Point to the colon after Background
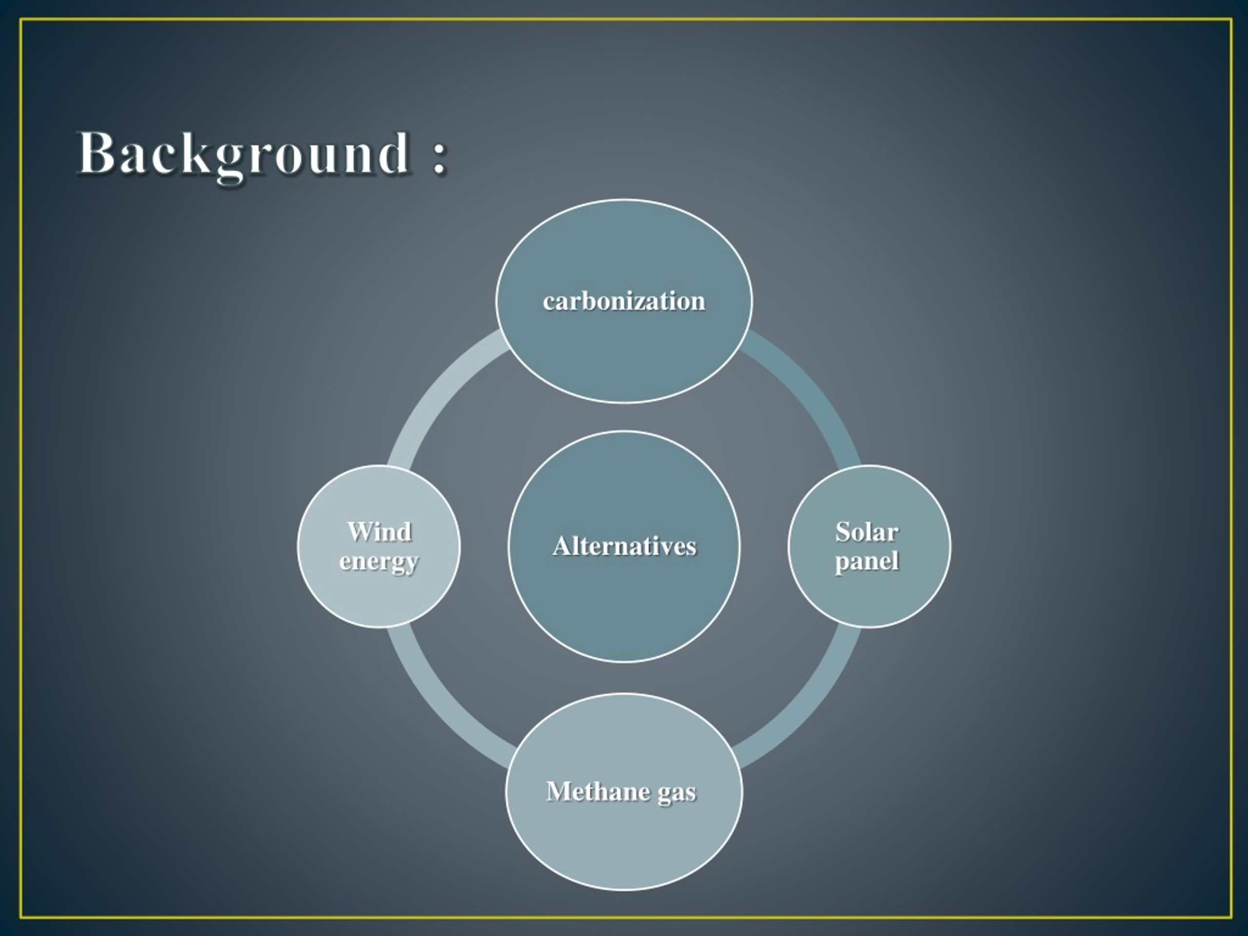coord(440,156)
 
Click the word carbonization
coord(624,301)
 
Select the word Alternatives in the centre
coord(624,546)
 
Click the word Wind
coord(379,531)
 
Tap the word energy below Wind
coord(379,562)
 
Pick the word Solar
coord(867,531)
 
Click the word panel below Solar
coord(867,562)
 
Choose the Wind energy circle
coord(379,598)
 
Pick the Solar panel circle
coord(869,598)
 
